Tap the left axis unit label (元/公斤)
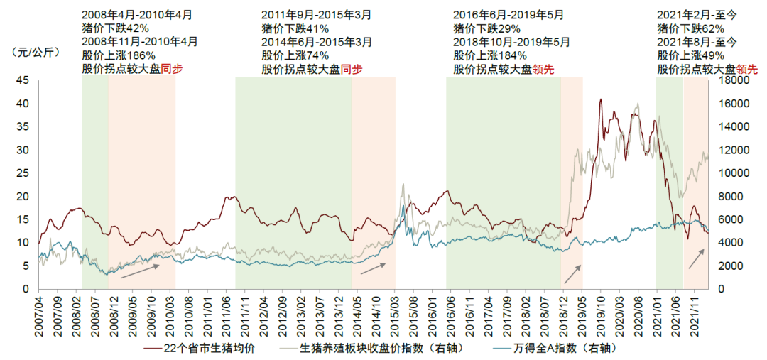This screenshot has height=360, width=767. (x=33, y=52)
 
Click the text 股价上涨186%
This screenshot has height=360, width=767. (x=119, y=55)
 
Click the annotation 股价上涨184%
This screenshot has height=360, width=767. (x=490, y=55)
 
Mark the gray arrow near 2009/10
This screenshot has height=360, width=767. (x=140, y=271)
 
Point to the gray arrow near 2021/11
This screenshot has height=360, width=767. (x=697, y=258)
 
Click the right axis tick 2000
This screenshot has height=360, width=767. (x=734, y=266)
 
